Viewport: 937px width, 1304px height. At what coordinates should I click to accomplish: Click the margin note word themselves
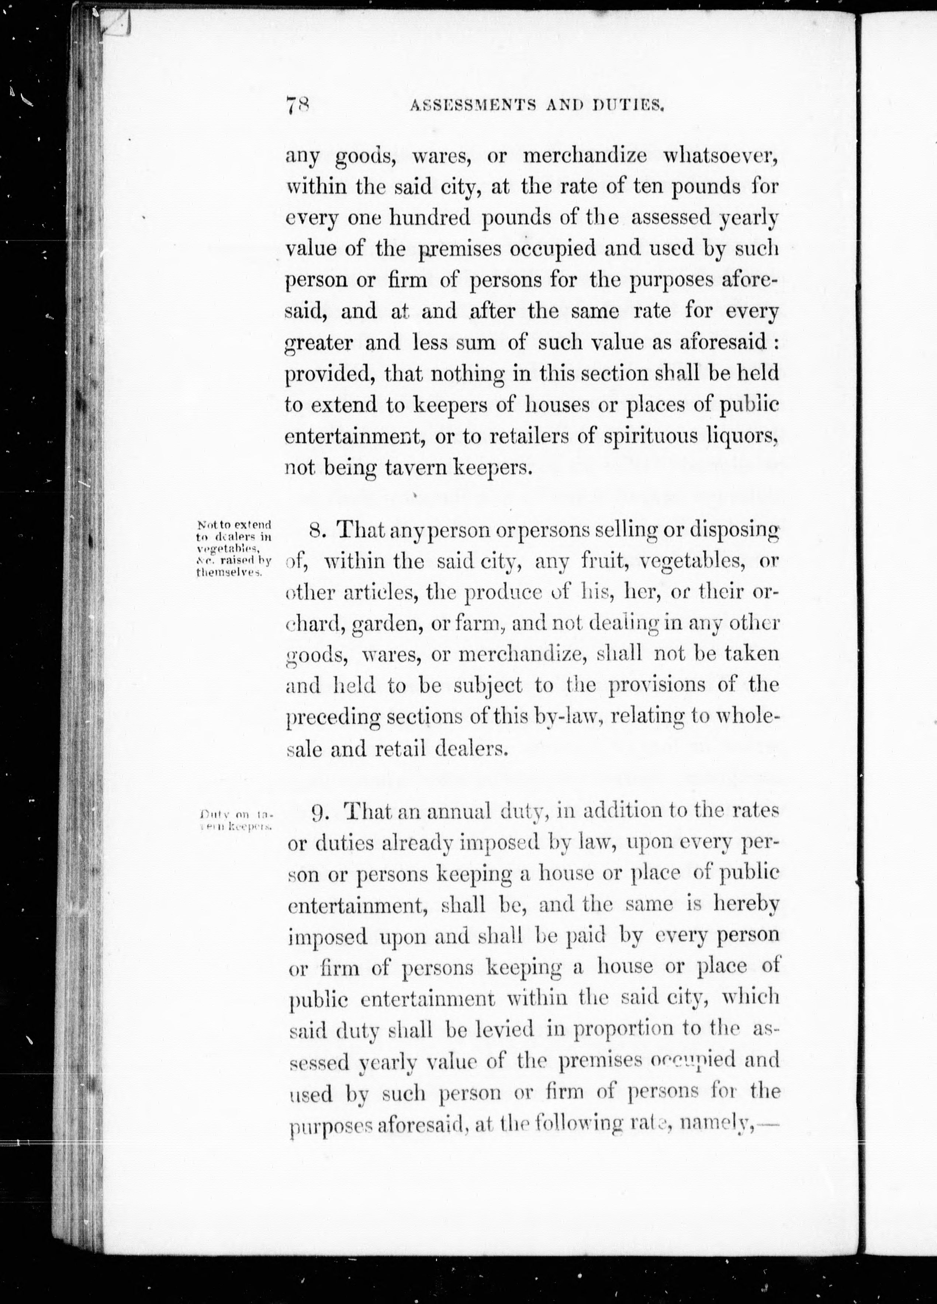point(229,573)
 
